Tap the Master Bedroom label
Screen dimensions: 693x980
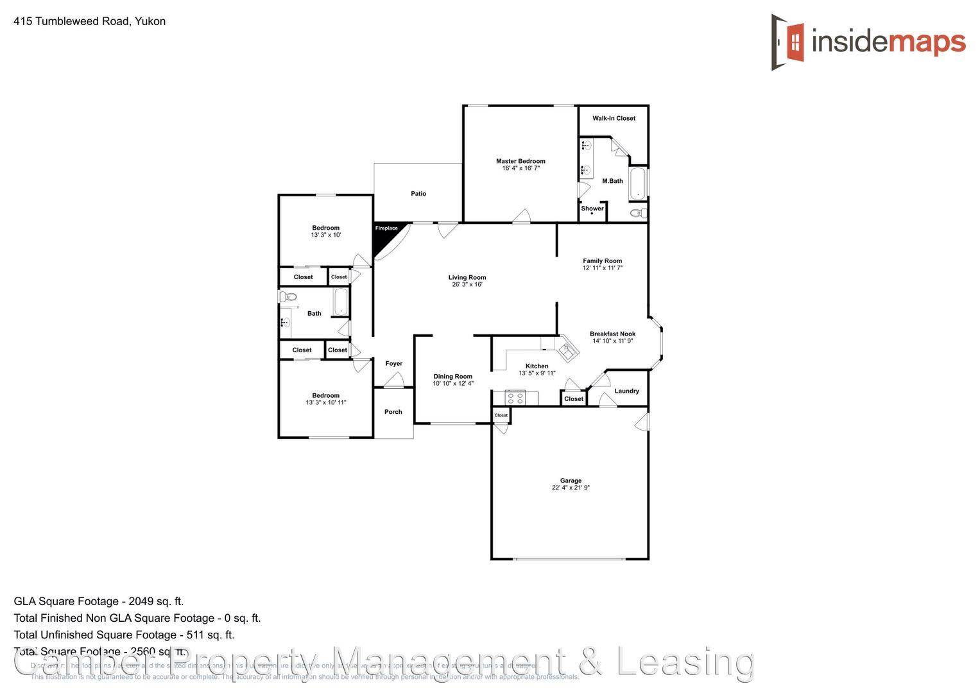point(520,161)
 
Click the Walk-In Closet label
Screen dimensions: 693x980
point(614,118)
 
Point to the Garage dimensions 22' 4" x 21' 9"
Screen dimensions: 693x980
point(571,488)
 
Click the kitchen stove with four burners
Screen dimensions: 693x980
point(515,398)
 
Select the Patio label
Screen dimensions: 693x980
point(418,193)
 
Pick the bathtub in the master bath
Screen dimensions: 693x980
point(639,184)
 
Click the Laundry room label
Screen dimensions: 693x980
point(626,391)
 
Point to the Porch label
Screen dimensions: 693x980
point(393,412)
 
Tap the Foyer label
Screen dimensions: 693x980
point(393,363)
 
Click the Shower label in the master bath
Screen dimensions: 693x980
point(592,208)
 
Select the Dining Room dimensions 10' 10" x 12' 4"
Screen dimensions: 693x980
point(453,384)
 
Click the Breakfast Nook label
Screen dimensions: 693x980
point(612,334)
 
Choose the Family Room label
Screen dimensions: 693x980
point(602,261)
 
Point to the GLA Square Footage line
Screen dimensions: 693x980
point(99,601)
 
